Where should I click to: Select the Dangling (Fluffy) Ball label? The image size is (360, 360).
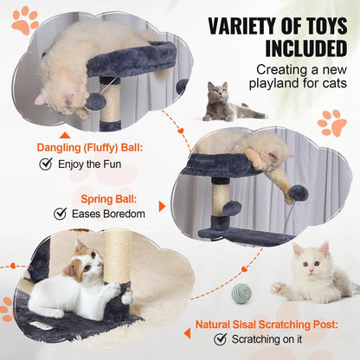[95, 146]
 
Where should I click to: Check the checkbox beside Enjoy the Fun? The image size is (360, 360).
[47, 163]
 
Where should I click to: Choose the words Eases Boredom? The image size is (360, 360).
[112, 213]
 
